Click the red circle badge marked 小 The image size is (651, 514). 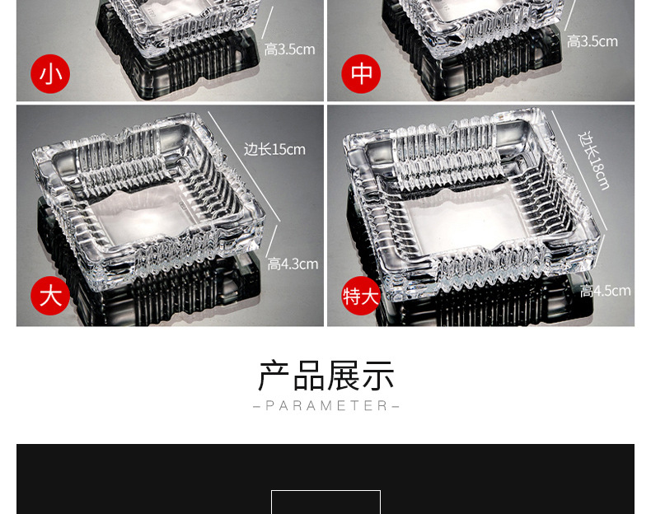[x=50, y=74]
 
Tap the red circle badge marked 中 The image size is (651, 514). [x=361, y=74]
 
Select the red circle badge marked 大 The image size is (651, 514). [x=50, y=296]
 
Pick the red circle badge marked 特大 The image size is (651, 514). [x=361, y=296]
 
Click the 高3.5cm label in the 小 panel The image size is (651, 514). [x=289, y=49]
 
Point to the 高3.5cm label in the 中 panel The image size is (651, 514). [x=592, y=41]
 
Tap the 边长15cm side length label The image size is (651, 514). [x=274, y=149]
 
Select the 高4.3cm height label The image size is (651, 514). [x=292, y=264]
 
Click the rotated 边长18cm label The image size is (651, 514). [x=594, y=160]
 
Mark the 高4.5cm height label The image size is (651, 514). [x=605, y=291]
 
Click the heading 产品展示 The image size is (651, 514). [x=325, y=376]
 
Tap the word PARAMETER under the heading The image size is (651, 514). [x=326, y=406]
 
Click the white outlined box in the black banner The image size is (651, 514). [x=325, y=502]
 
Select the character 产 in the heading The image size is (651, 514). [x=274, y=376]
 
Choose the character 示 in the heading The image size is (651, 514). [x=378, y=376]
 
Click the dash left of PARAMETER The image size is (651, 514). [x=256, y=406]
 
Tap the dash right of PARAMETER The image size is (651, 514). [x=396, y=406]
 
